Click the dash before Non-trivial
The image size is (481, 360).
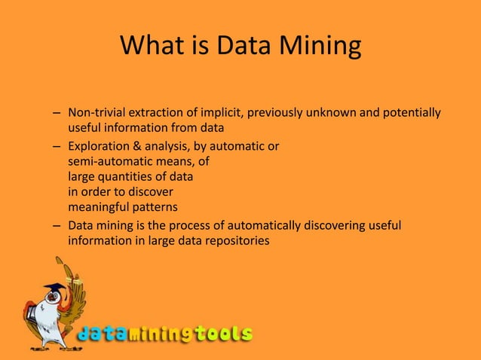[57, 114]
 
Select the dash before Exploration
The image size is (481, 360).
[57, 145]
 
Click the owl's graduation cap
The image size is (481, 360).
[54, 288]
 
